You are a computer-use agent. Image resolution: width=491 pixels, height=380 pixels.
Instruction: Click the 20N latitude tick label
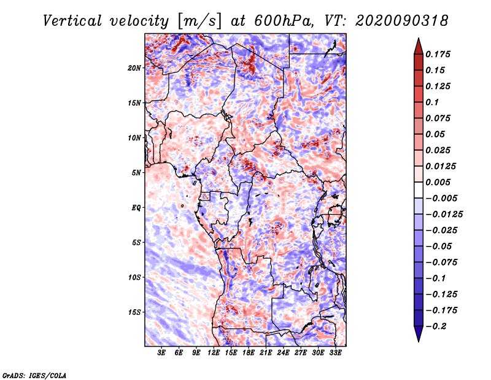[x=135, y=68]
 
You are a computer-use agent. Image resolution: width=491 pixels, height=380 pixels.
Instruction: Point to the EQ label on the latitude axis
[x=136, y=208]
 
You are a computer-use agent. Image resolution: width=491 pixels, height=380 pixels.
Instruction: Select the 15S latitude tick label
[x=135, y=312]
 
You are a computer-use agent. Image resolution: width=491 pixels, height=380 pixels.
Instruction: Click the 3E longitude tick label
[x=162, y=354]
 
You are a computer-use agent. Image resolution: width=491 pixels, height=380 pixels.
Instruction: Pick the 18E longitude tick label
[x=249, y=354]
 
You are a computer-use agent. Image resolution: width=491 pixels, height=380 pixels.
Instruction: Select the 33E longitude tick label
[x=335, y=354]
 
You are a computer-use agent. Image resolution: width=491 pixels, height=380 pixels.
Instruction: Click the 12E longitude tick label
[x=214, y=354]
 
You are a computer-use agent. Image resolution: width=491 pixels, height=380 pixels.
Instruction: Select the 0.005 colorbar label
[x=440, y=182]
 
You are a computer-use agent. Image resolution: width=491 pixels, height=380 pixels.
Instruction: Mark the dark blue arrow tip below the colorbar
[x=418, y=336]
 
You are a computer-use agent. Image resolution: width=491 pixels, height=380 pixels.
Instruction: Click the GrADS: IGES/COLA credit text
[x=34, y=374]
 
